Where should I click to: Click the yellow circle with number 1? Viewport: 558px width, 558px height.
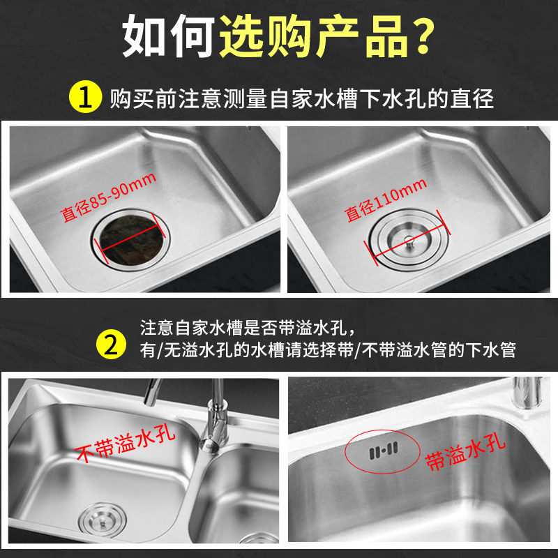[85, 97]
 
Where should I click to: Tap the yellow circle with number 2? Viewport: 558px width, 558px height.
[111, 344]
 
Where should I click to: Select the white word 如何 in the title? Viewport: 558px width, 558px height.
[168, 36]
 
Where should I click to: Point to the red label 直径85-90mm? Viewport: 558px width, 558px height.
[108, 197]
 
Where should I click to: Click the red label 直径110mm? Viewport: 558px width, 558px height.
[386, 199]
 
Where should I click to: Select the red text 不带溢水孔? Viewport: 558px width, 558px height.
[126, 444]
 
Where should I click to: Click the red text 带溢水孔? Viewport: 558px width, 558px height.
[465, 454]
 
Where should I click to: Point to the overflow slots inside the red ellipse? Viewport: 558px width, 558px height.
[383, 451]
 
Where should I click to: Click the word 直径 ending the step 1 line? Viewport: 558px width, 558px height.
[472, 98]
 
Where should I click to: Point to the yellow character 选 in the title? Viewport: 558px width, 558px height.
[242, 36]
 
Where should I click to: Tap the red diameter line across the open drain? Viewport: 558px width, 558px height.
[129, 239]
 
